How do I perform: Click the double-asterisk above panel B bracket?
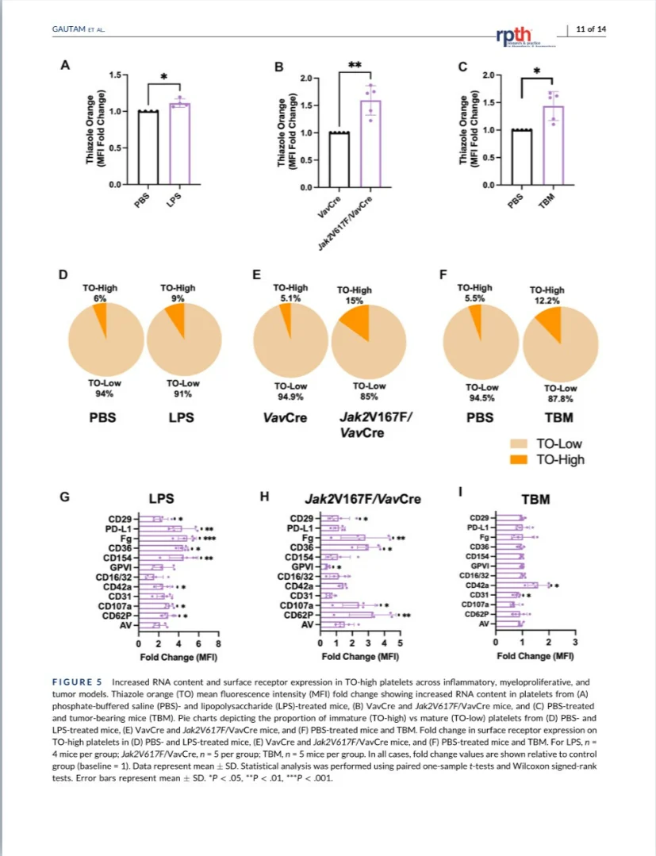point(355,64)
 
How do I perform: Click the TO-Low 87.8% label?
point(560,394)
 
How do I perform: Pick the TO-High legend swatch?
point(522,459)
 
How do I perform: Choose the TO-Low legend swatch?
point(522,445)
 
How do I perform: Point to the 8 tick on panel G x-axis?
point(218,643)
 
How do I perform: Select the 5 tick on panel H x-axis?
point(400,643)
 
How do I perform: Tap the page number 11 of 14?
point(591,29)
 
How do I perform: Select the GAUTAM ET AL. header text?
point(78,30)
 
